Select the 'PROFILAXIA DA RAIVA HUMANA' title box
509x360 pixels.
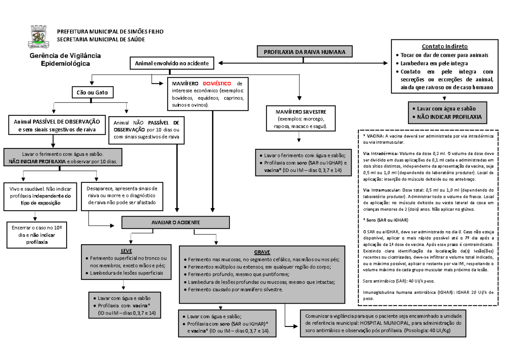tap(305, 52)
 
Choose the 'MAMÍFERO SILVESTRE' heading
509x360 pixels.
tap(299, 111)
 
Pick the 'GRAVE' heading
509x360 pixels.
tap(262, 251)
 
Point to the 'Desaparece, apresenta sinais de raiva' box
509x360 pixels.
tap(122, 195)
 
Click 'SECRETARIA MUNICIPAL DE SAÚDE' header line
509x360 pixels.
tap(101, 39)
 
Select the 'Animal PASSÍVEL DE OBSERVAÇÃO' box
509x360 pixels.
tap(53, 125)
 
